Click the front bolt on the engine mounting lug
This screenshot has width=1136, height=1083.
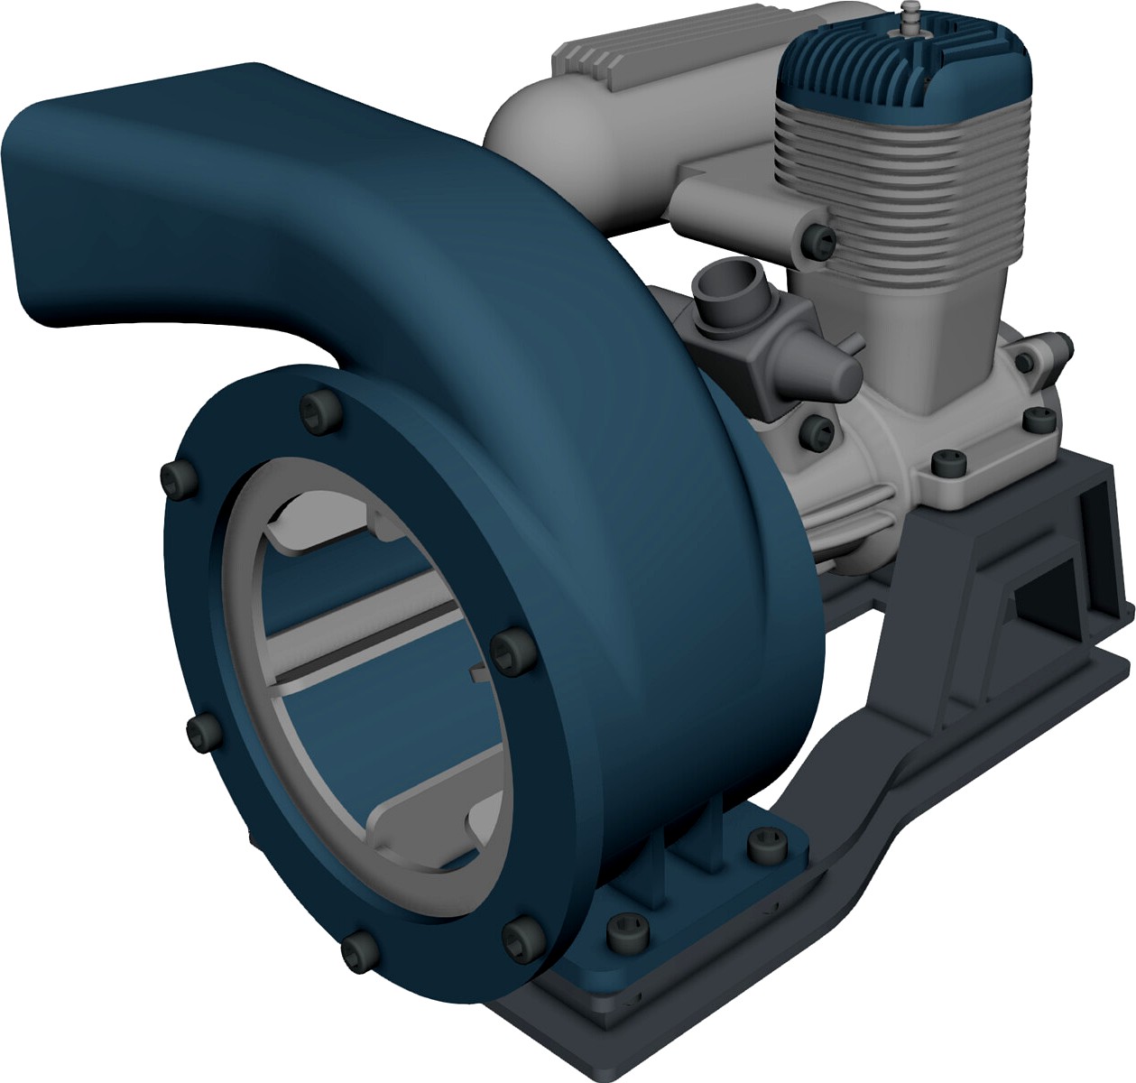[x=947, y=463]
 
